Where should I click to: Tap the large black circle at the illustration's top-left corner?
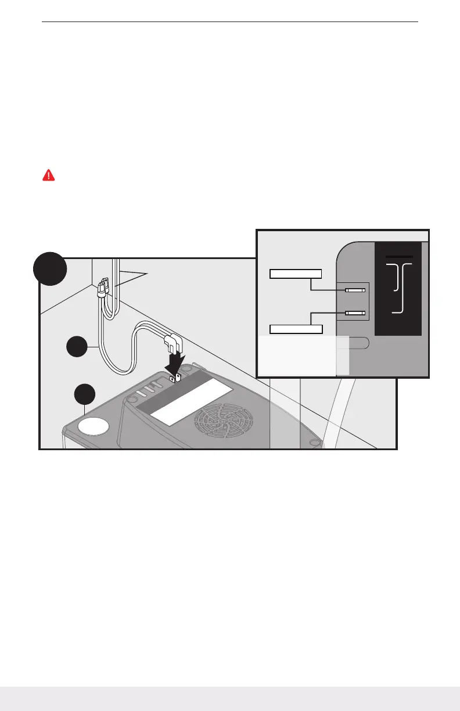49,268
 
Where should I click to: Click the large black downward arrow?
176,365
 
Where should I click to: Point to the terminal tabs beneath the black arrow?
175,378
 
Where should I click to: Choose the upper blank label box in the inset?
296,274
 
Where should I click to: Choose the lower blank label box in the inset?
296,329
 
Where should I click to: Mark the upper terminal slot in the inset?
354,290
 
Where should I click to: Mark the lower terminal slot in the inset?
354,313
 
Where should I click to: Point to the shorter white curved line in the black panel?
396,277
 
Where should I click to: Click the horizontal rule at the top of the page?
231,22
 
